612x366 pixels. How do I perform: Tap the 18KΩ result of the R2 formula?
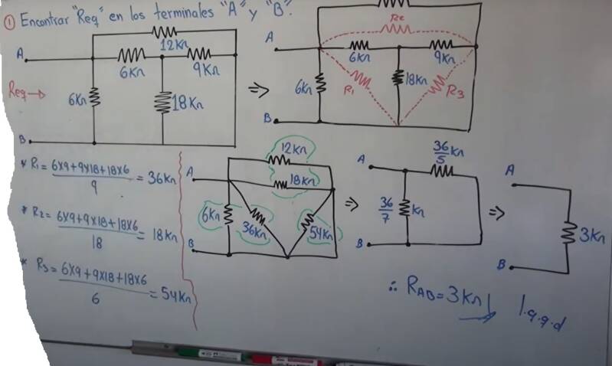[x=160, y=234]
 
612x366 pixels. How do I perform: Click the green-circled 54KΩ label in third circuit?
[x=322, y=234]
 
